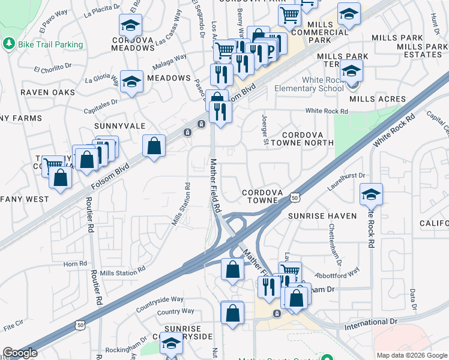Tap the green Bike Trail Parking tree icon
[9, 44]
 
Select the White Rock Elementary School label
[306, 84]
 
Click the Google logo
[20, 353]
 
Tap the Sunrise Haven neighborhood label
[322, 215]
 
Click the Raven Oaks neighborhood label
[48, 92]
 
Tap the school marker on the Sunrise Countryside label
[172, 344]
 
